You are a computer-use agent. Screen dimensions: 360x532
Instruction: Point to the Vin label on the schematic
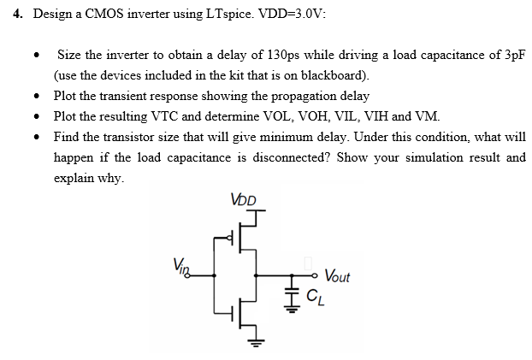click(x=180, y=265)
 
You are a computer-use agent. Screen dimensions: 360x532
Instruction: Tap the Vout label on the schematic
click(x=334, y=275)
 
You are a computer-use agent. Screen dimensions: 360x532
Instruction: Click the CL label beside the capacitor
click(x=315, y=298)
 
